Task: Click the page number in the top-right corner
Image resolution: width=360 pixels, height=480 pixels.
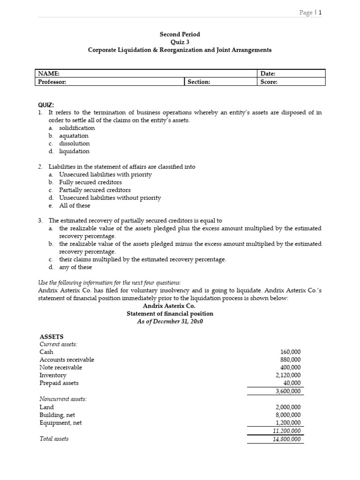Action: point(310,13)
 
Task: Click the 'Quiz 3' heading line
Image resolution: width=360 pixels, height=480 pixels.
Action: point(180,42)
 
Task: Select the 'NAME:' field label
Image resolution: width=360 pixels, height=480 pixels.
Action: point(49,74)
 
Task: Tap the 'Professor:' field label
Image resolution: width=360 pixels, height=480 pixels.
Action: point(52,82)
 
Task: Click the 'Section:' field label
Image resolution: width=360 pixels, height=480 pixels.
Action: point(199,82)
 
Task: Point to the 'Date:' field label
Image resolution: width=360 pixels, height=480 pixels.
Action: point(268,74)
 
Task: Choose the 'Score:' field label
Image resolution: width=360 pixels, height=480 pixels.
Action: point(269,82)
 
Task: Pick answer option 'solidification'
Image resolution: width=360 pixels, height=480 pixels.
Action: point(77,128)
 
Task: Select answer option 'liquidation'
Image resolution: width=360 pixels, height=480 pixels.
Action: point(74,151)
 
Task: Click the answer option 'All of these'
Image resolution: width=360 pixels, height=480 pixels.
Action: point(75,206)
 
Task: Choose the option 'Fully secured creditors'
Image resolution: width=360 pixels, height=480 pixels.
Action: point(90,182)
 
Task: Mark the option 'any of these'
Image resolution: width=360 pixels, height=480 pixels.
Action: point(75,267)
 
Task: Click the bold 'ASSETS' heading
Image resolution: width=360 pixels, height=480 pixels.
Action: point(52,337)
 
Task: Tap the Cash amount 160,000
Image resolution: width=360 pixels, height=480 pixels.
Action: point(291,352)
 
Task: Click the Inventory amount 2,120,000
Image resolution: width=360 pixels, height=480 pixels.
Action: point(288,375)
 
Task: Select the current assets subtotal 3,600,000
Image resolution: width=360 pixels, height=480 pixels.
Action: point(288,391)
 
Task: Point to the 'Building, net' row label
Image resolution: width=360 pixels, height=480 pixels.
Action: point(57,415)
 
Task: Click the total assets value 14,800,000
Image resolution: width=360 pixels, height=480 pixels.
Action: point(287,439)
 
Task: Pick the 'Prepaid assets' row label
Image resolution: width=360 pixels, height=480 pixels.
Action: point(59,383)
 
